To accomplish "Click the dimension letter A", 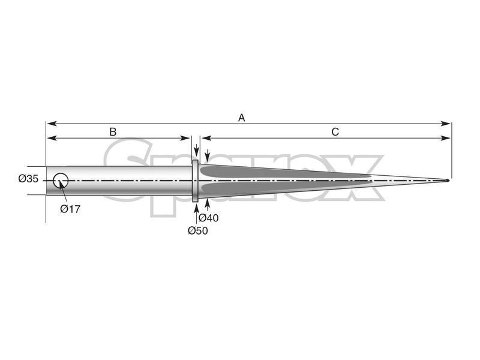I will click(242, 118).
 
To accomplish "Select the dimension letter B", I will click(112, 131).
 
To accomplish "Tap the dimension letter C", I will click(335, 131).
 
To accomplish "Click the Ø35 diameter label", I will click(28, 179).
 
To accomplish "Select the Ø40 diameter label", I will click(208, 218).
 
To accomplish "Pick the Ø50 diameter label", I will click(197, 230).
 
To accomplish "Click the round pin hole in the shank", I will click(61, 180).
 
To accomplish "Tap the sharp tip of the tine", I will click(448, 181).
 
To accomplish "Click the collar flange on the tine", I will click(195, 181).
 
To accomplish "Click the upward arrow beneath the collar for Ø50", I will click(196, 207).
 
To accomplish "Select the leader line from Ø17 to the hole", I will click(64, 193).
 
